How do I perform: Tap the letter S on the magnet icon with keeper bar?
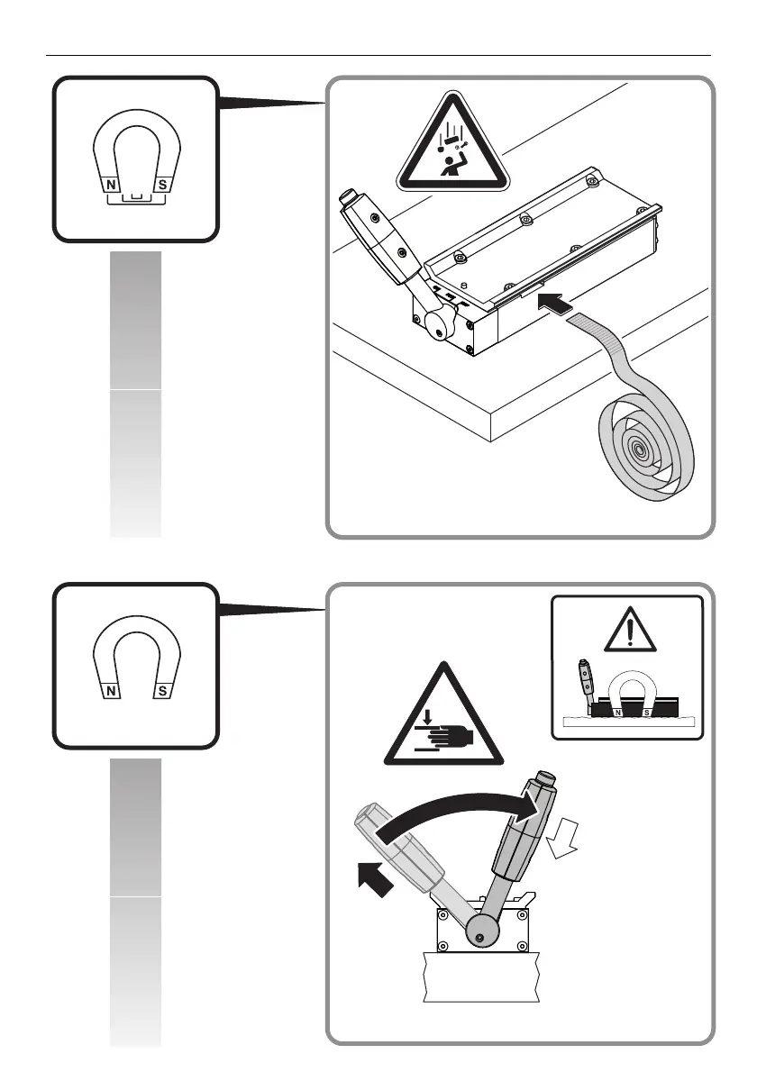click(163, 184)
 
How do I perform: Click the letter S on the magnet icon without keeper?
click(163, 692)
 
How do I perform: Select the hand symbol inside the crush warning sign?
click(446, 738)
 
